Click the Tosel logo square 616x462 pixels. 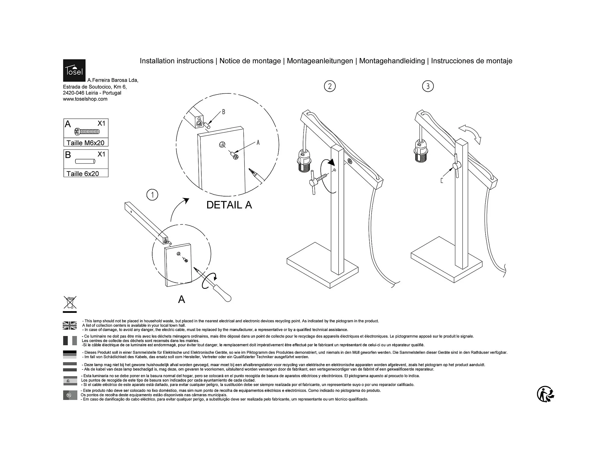[x=74, y=70]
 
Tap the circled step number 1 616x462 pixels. [x=152, y=195]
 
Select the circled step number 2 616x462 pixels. [x=330, y=86]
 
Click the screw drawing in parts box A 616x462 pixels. [x=87, y=132]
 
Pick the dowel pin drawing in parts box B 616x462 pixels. [x=85, y=161]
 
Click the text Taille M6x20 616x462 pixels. [x=85, y=143]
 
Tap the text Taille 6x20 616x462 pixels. [x=82, y=174]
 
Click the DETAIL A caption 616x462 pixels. [x=229, y=205]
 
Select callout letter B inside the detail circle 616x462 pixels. [x=223, y=112]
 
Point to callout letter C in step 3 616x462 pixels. [x=442, y=181]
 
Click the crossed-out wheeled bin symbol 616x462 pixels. [x=70, y=303]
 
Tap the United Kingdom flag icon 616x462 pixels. [x=70, y=325]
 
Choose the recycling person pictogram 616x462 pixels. [x=545, y=394]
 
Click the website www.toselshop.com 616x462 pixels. [x=85, y=99]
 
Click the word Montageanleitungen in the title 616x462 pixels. [x=320, y=61]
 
